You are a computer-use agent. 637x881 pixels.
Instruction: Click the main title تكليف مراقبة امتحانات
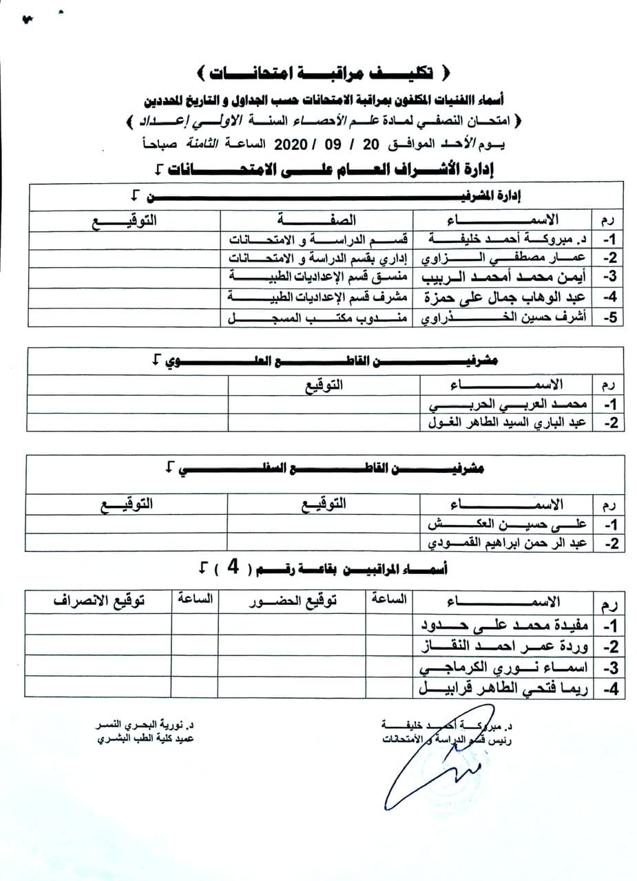[320, 72]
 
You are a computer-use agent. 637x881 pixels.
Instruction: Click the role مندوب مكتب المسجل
[318, 319]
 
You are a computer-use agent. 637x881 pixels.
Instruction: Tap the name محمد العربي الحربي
[506, 403]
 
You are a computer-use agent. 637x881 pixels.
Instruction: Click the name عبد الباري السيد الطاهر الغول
[506, 423]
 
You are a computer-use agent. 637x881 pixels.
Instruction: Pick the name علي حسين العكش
[506, 524]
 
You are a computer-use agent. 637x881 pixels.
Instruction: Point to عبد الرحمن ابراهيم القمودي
[506, 544]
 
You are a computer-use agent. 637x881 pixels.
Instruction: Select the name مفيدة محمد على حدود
[506, 625]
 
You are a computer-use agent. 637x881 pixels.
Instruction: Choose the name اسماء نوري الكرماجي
[506, 667]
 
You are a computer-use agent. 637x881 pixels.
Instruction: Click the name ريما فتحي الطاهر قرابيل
[506, 688]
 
